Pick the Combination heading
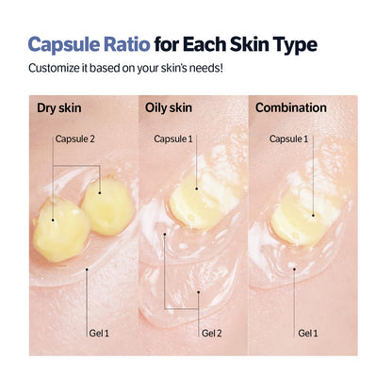point(291,107)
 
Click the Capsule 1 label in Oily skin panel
point(173,139)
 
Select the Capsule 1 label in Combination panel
point(288,139)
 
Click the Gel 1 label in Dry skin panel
point(101,333)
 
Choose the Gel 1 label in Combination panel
point(308,333)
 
